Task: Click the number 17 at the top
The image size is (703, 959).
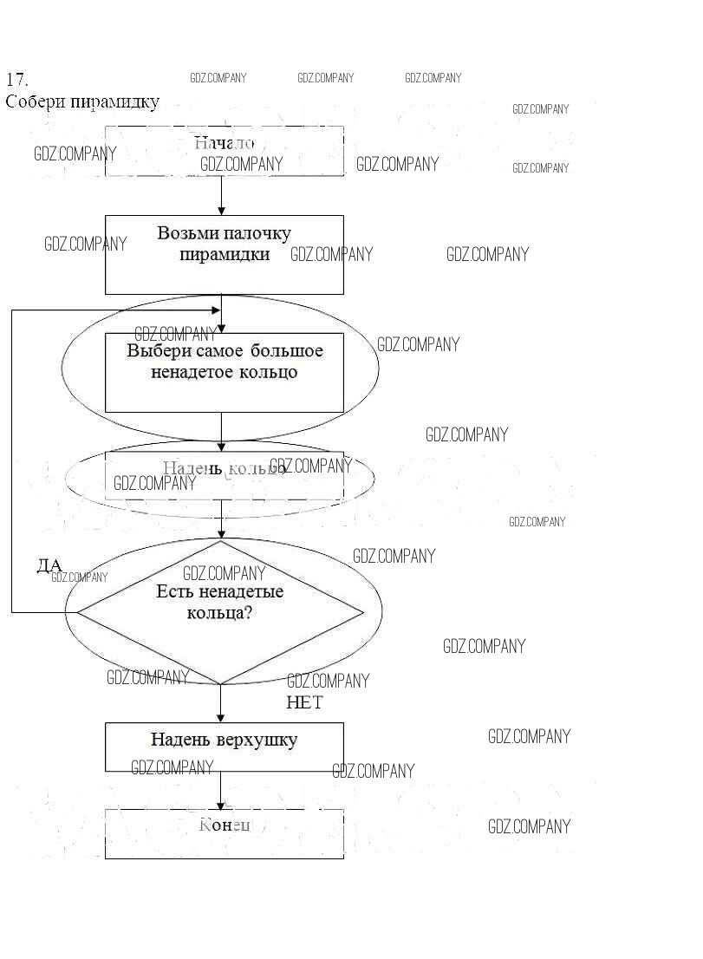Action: pos(17,80)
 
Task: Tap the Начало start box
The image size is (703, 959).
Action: pos(224,151)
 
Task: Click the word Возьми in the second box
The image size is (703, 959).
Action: pos(188,233)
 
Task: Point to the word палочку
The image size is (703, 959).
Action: pos(257,233)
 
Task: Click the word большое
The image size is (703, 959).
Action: pos(286,351)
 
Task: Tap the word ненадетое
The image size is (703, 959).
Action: pos(190,372)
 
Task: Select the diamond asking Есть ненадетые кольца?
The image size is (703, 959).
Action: pos(220,612)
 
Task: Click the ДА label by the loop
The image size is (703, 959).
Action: pos(49,566)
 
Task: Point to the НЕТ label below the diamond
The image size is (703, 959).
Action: pos(304,702)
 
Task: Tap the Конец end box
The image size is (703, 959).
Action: pos(224,833)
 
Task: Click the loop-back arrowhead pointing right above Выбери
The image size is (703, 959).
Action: pos(215,310)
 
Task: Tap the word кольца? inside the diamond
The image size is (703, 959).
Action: pos(220,612)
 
